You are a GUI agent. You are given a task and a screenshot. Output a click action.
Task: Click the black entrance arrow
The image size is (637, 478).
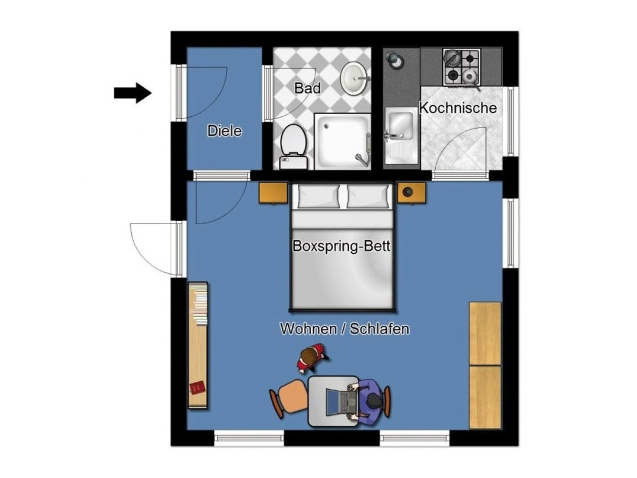(133, 93)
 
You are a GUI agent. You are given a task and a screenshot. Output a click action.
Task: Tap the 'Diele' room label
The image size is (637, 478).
(225, 131)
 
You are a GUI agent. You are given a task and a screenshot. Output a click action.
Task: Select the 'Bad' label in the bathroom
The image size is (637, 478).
(307, 88)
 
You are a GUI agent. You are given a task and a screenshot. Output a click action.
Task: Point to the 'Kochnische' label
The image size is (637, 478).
(458, 108)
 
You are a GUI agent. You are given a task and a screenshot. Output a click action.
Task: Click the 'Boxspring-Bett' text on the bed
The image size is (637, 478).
(341, 246)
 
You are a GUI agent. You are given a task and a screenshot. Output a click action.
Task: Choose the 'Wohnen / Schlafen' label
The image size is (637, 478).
(345, 329)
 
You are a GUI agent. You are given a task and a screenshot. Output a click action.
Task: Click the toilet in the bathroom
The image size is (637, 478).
(294, 147)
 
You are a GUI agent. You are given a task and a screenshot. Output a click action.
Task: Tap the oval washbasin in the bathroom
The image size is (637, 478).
(355, 78)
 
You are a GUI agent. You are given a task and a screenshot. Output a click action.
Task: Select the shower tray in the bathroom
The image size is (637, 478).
(342, 141)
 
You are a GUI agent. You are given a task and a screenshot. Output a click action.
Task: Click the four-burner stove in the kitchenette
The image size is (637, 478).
(461, 67)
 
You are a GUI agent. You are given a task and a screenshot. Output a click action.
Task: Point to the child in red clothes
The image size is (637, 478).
(312, 358)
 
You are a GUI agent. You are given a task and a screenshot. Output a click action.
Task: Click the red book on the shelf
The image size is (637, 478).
(197, 387)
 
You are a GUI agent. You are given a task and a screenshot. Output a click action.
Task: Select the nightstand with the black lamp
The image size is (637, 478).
(411, 193)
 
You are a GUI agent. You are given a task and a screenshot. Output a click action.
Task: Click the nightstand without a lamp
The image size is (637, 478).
(273, 193)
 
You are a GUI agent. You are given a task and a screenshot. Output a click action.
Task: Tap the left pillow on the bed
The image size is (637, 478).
(318, 196)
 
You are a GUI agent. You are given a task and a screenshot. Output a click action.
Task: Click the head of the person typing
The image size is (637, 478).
(374, 402)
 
